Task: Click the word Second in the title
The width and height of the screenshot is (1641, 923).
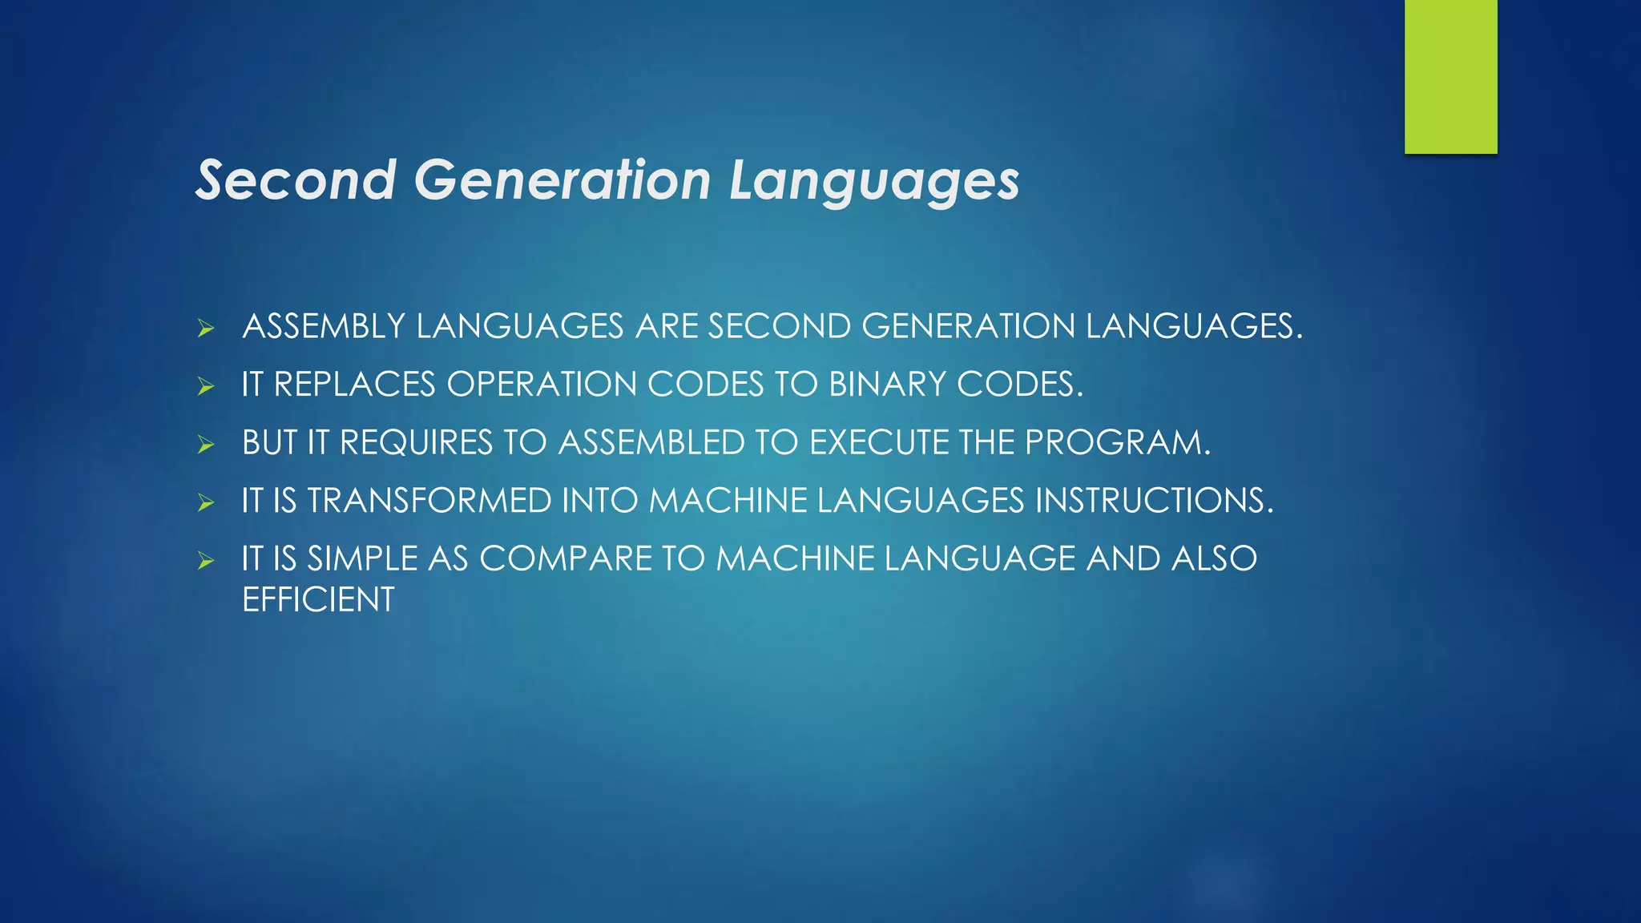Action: pyautogui.click(x=296, y=179)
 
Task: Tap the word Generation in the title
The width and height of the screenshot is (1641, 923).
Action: pyautogui.click(x=562, y=179)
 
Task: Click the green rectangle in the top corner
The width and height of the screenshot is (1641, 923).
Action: pyautogui.click(x=1450, y=77)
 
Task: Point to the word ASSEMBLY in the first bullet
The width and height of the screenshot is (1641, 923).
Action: pyautogui.click(x=324, y=327)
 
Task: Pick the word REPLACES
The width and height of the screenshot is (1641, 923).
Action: pyautogui.click(x=354, y=385)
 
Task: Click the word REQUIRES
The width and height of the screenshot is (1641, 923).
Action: pyautogui.click(x=416, y=443)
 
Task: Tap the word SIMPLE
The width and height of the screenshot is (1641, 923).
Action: pyautogui.click(x=362, y=558)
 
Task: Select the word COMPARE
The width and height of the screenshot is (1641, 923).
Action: pyautogui.click(x=566, y=558)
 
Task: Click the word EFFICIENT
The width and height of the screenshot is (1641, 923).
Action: pyautogui.click(x=318, y=600)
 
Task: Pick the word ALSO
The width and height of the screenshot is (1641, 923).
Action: pyautogui.click(x=1214, y=558)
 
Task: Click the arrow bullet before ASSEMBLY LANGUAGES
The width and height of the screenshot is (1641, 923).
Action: pyautogui.click(x=206, y=328)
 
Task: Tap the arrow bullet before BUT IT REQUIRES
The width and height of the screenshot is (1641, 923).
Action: pyautogui.click(x=206, y=445)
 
